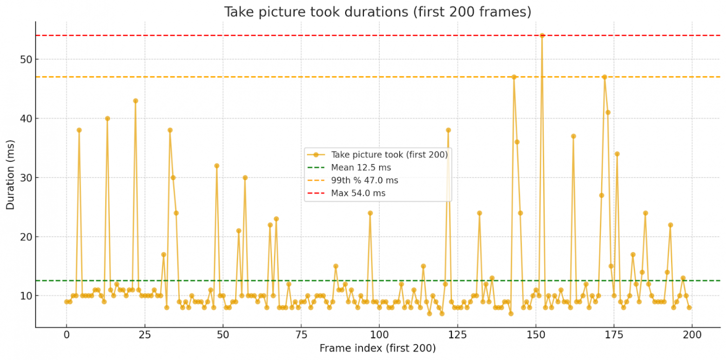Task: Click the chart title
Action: pyautogui.click(x=377, y=12)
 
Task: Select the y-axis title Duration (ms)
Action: pyautogui.click(x=10, y=174)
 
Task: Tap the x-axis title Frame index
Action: pyautogui.click(x=377, y=348)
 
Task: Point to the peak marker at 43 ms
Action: pyautogui.click(x=135, y=100)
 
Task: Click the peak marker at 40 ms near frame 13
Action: pyautogui.click(x=108, y=118)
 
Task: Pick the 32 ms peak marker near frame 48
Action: pyautogui.click(x=216, y=166)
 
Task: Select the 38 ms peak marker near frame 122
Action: pyautogui.click(x=448, y=130)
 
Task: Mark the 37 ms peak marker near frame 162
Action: pyautogui.click(x=573, y=136)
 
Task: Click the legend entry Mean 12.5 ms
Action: pyautogui.click(x=361, y=167)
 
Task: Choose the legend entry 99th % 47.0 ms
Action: pyautogui.click(x=364, y=180)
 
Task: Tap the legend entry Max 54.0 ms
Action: pyautogui.click(x=358, y=193)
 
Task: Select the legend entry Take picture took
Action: pyautogui.click(x=389, y=155)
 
